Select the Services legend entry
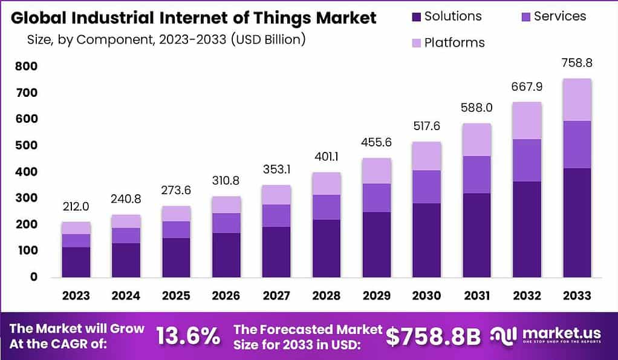(x=560, y=16)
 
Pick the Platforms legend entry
(x=454, y=43)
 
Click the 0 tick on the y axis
(x=34, y=277)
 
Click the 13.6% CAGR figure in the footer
(x=188, y=336)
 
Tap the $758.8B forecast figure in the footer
(x=433, y=336)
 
